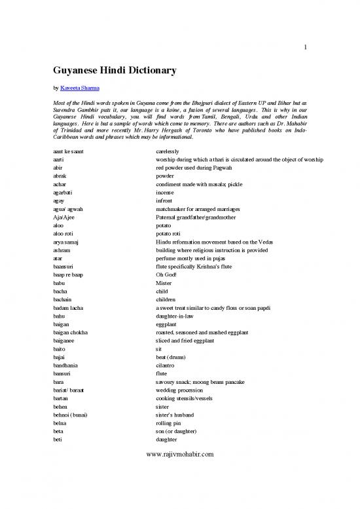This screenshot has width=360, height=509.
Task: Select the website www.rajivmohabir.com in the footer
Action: click(x=181, y=489)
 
